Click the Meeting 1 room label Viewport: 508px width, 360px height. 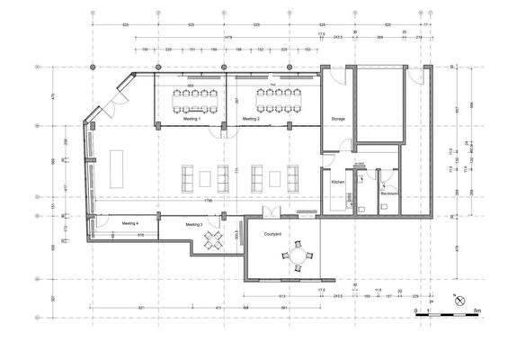tap(192, 119)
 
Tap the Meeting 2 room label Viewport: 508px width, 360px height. tap(251, 119)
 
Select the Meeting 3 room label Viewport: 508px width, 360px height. tap(194, 224)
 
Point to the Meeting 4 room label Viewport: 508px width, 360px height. tap(130, 222)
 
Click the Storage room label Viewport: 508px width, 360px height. tap(338, 119)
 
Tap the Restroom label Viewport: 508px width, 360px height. tap(389, 193)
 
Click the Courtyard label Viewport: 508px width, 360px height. tap(273, 233)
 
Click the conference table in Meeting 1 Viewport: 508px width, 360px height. tap(192, 97)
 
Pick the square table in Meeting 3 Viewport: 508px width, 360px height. tap(216, 240)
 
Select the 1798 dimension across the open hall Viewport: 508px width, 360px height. tap(208, 201)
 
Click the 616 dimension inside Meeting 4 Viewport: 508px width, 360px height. tap(141, 234)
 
